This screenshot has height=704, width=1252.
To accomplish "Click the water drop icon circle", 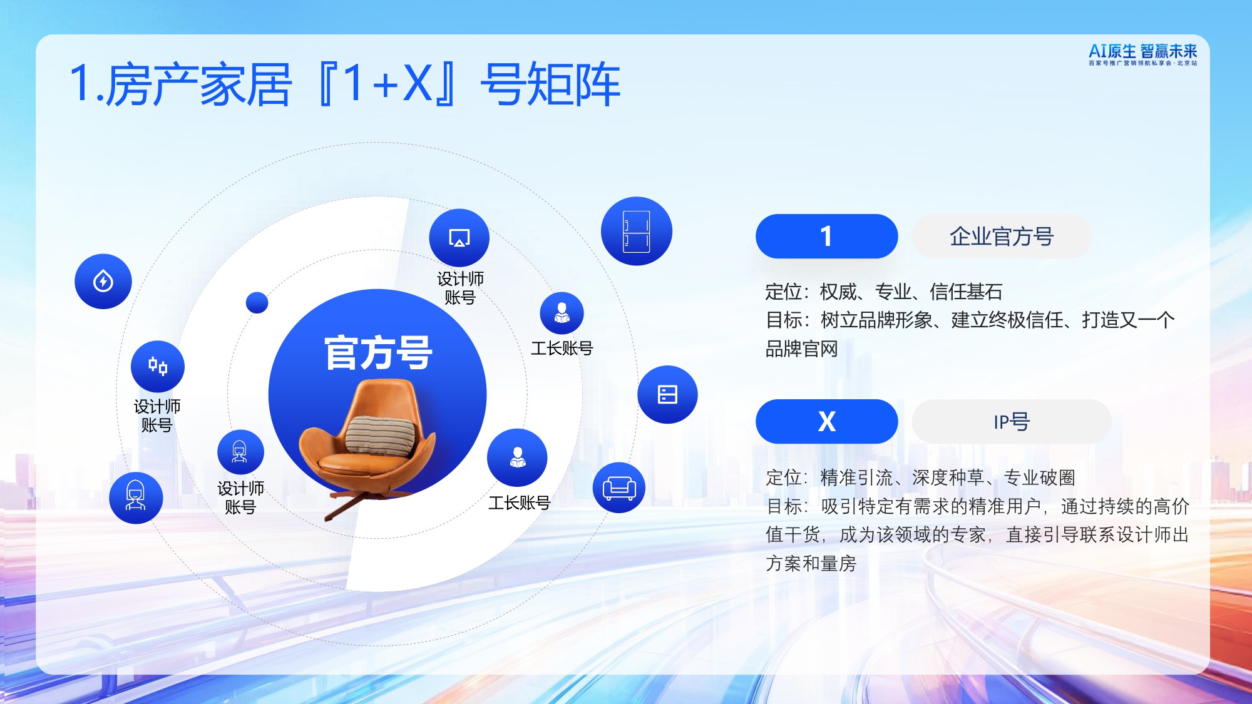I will point(103,282).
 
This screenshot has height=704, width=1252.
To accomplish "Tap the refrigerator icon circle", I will point(636,232).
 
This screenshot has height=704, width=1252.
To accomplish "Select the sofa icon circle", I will point(619,487).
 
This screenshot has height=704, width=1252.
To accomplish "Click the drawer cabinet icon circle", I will point(667,394).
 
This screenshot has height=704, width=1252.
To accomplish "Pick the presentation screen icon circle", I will point(459,238).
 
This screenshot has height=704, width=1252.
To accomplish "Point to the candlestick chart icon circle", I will point(158,366).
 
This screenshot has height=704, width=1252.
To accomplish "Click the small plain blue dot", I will point(257,302).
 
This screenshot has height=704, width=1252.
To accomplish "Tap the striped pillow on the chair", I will point(380,435).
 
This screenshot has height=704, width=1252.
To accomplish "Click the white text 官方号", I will point(378,353).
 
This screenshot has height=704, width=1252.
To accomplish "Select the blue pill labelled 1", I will point(826,237).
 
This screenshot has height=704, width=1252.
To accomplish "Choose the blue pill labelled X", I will point(826,422).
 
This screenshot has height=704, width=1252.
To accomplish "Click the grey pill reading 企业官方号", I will point(1001,237).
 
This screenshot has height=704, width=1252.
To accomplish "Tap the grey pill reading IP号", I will point(1011,422).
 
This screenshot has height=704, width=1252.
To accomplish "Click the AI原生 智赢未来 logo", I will point(1142,54).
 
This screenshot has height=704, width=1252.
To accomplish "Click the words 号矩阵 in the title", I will point(550,85).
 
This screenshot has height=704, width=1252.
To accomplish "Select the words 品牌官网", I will point(801,349).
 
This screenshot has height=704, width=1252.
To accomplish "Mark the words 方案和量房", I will point(811,563).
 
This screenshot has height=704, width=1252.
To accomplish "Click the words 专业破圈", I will point(1039,477).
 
